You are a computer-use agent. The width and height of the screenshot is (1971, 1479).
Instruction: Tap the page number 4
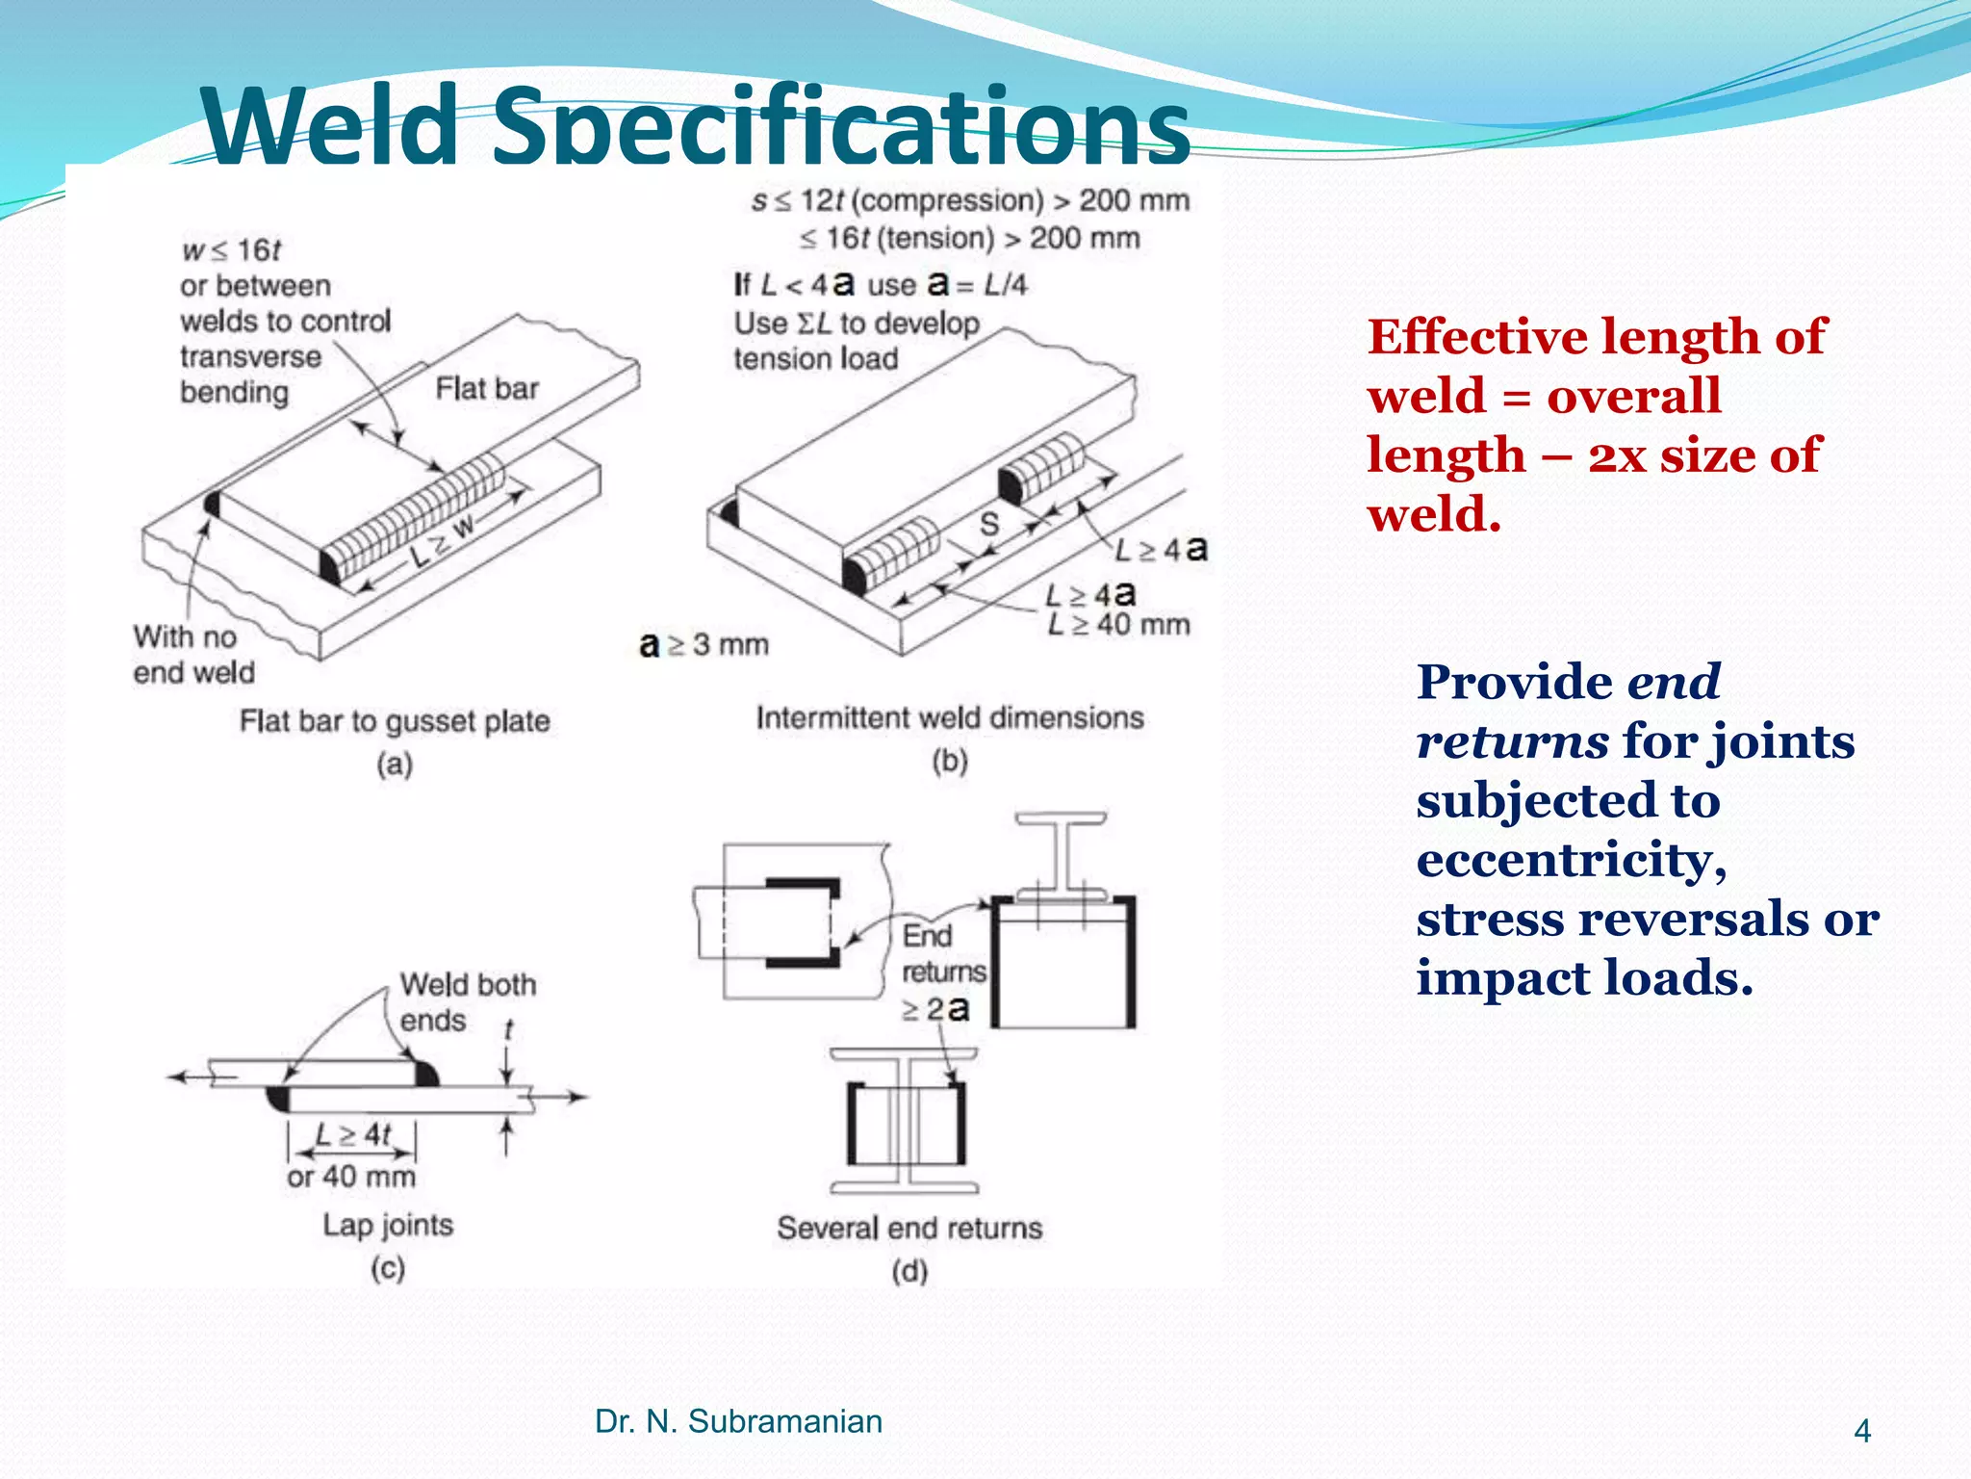click(x=1862, y=1431)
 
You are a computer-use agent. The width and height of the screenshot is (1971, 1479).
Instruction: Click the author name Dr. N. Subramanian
click(x=738, y=1421)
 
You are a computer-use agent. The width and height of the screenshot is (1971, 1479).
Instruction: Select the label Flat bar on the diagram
click(x=487, y=388)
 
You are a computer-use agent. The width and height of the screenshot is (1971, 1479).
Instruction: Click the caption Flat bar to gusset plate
click(x=395, y=720)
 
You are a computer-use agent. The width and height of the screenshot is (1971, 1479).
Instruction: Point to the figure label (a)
click(x=395, y=765)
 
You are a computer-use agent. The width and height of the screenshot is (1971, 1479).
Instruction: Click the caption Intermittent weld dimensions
click(x=950, y=717)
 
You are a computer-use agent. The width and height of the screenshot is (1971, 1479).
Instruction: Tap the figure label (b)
click(x=950, y=762)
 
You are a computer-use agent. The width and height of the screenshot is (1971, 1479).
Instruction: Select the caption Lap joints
click(x=388, y=1225)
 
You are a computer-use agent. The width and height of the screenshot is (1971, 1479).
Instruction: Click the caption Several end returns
click(x=909, y=1228)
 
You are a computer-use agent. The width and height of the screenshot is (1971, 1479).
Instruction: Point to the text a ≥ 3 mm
click(x=704, y=644)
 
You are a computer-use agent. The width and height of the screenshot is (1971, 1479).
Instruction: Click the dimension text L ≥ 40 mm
click(x=1118, y=625)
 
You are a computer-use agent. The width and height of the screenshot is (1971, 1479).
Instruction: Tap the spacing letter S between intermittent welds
click(x=989, y=524)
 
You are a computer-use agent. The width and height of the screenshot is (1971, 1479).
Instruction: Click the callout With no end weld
click(x=193, y=654)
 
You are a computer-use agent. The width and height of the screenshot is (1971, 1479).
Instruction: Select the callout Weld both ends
click(x=467, y=1001)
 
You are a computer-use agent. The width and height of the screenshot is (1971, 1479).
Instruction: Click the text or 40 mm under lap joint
click(x=351, y=1176)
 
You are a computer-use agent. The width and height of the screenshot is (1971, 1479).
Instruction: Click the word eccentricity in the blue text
click(x=1571, y=859)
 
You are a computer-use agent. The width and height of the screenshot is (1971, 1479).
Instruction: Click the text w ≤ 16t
click(x=231, y=250)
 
